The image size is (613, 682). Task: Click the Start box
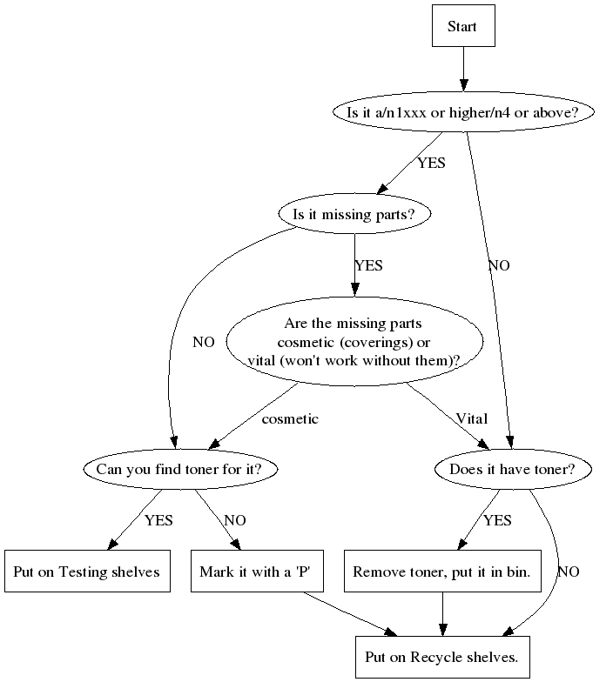462,26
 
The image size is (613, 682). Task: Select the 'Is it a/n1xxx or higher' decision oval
463,112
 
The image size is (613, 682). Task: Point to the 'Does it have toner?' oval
513,470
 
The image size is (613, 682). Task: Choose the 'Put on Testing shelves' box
86,572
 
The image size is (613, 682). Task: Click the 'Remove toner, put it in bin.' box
442,572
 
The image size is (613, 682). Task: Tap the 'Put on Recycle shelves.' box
442,657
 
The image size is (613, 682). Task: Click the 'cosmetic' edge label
290,419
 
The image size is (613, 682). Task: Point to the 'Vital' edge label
471,419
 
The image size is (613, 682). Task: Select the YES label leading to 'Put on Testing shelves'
158,521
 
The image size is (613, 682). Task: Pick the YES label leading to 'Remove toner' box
497,521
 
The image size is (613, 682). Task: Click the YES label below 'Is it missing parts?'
368,265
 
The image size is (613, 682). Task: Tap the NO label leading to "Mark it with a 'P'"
234,521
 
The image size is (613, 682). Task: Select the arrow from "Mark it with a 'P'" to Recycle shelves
348,614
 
